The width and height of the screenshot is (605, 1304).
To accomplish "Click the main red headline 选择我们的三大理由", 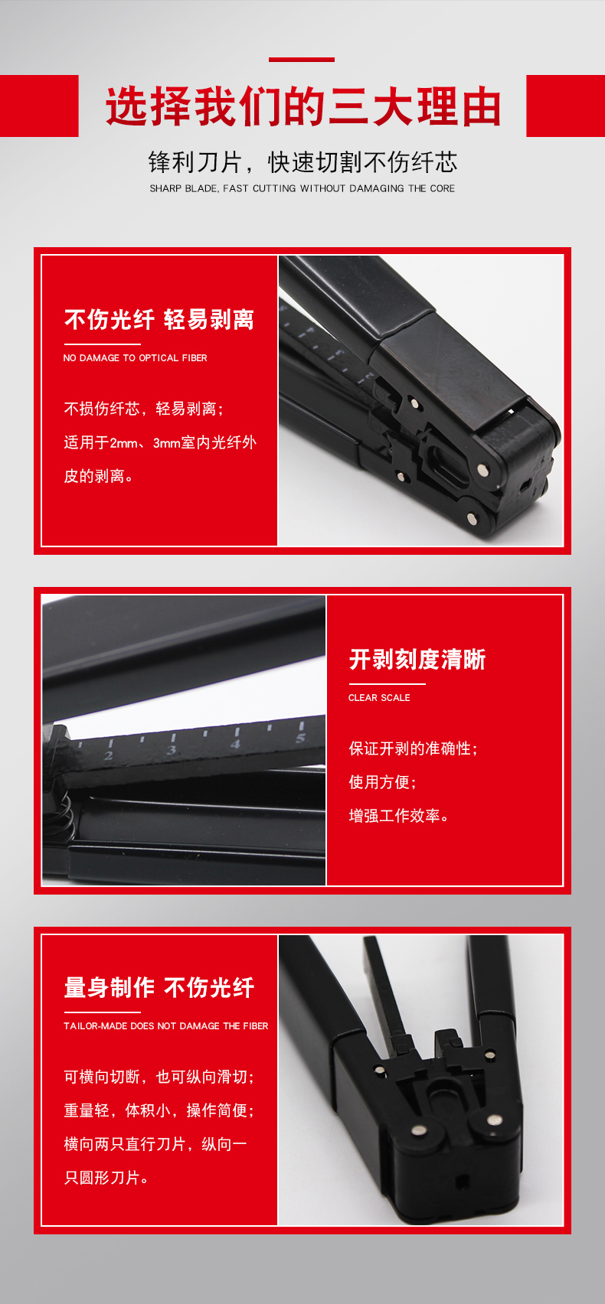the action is click(302, 106).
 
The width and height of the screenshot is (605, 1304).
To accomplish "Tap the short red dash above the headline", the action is click(301, 60).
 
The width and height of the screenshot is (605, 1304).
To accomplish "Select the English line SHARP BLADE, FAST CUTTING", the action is click(302, 188).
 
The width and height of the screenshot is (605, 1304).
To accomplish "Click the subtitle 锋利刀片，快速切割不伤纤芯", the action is click(302, 162).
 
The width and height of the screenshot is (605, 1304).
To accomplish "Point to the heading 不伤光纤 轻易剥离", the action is click(159, 320).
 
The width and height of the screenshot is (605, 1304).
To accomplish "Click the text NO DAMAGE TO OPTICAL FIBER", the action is click(136, 358).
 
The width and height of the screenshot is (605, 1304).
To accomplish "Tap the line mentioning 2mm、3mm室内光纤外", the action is click(160, 443).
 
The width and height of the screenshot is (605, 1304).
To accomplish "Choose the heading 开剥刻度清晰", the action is click(417, 660).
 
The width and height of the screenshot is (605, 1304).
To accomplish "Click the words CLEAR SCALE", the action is click(379, 698).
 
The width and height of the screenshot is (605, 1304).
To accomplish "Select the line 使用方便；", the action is click(382, 782).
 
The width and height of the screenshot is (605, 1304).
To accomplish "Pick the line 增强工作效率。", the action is click(399, 816).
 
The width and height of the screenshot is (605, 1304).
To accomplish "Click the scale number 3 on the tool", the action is click(172, 751).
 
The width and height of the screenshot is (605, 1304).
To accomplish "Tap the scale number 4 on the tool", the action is click(235, 744).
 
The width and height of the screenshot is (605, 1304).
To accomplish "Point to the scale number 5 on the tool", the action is click(300, 738).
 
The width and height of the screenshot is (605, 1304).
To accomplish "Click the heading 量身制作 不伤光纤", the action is click(159, 988).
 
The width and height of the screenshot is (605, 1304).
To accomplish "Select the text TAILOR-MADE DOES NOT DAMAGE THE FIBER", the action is click(166, 1025).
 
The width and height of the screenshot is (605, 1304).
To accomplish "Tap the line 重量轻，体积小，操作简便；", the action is click(159, 1110).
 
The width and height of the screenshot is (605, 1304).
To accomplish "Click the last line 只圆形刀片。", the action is click(106, 1178).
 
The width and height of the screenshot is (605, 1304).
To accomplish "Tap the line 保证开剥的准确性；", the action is click(414, 748).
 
